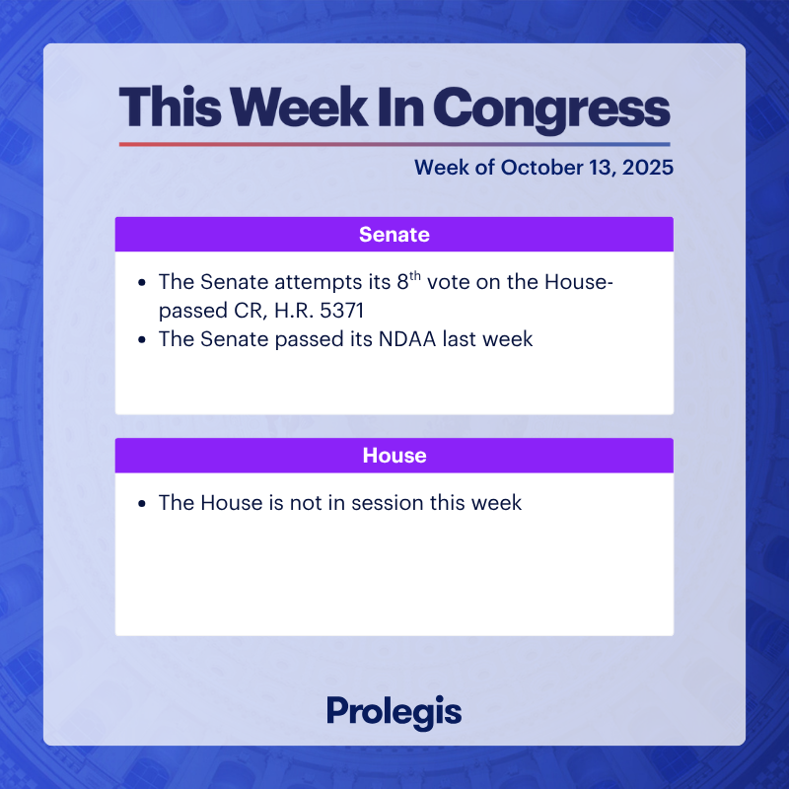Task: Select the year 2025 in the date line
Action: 647,168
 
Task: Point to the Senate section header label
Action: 394,235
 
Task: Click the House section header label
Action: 394,456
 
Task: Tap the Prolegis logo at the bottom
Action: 394,711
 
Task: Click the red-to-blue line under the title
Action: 394,144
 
